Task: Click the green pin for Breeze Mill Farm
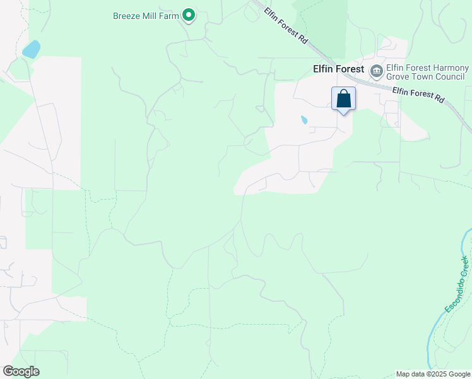click(188, 14)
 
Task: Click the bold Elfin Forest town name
click(338, 69)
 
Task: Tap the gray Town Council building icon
click(377, 70)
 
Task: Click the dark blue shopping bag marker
click(343, 99)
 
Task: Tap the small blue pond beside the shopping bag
click(304, 119)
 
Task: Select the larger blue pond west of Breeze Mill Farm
click(31, 49)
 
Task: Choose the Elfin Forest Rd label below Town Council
click(418, 96)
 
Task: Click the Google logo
click(21, 371)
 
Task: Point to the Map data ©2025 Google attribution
click(433, 374)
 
